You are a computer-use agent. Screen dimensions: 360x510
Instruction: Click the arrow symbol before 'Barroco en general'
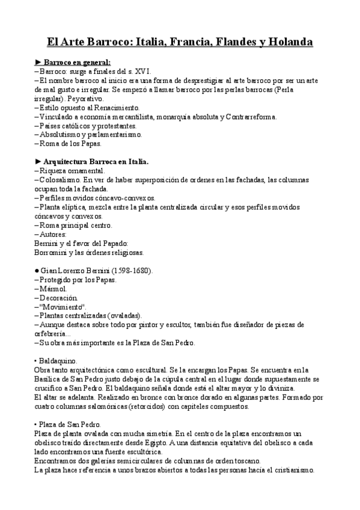coord(39,61)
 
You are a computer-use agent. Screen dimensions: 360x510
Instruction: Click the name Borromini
coord(52,253)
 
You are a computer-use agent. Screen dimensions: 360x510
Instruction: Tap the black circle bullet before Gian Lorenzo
coord(38,271)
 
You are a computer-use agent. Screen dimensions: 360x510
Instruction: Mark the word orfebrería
coord(53,334)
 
